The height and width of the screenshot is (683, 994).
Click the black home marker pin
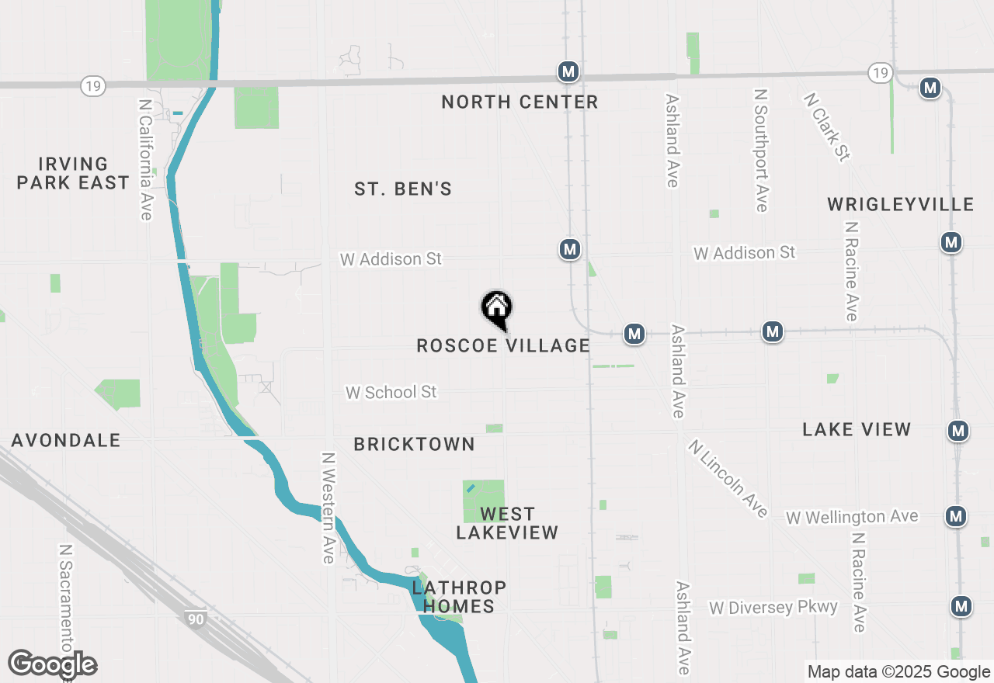(x=497, y=309)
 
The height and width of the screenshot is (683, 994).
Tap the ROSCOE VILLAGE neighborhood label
(x=503, y=345)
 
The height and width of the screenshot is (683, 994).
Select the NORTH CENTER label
(x=520, y=102)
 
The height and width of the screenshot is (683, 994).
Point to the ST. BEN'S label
(x=403, y=189)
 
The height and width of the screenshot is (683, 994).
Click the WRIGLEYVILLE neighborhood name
(x=900, y=204)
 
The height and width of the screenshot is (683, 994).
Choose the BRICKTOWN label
(x=414, y=444)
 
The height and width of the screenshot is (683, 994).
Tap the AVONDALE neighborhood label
(x=66, y=440)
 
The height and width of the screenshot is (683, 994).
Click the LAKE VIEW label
(x=857, y=429)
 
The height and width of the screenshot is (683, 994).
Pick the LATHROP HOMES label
(x=459, y=597)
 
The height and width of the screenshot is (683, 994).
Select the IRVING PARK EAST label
(x=73, y=173)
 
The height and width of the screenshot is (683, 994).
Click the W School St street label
(x=391, y=392)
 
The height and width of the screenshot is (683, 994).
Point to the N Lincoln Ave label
(x=728, y=478)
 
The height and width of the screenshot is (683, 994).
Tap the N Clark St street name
(x=826, y=127)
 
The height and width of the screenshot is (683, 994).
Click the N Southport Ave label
(x=761, y=150)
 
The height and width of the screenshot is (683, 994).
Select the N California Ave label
(x=145, y=158)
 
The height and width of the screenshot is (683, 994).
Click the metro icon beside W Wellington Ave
(x=956, y=515)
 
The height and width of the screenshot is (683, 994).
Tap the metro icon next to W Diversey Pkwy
(x=961, y=606)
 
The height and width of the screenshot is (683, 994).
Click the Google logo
(x=52, y=664)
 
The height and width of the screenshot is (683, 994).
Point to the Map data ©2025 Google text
(x=898, y=672)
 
